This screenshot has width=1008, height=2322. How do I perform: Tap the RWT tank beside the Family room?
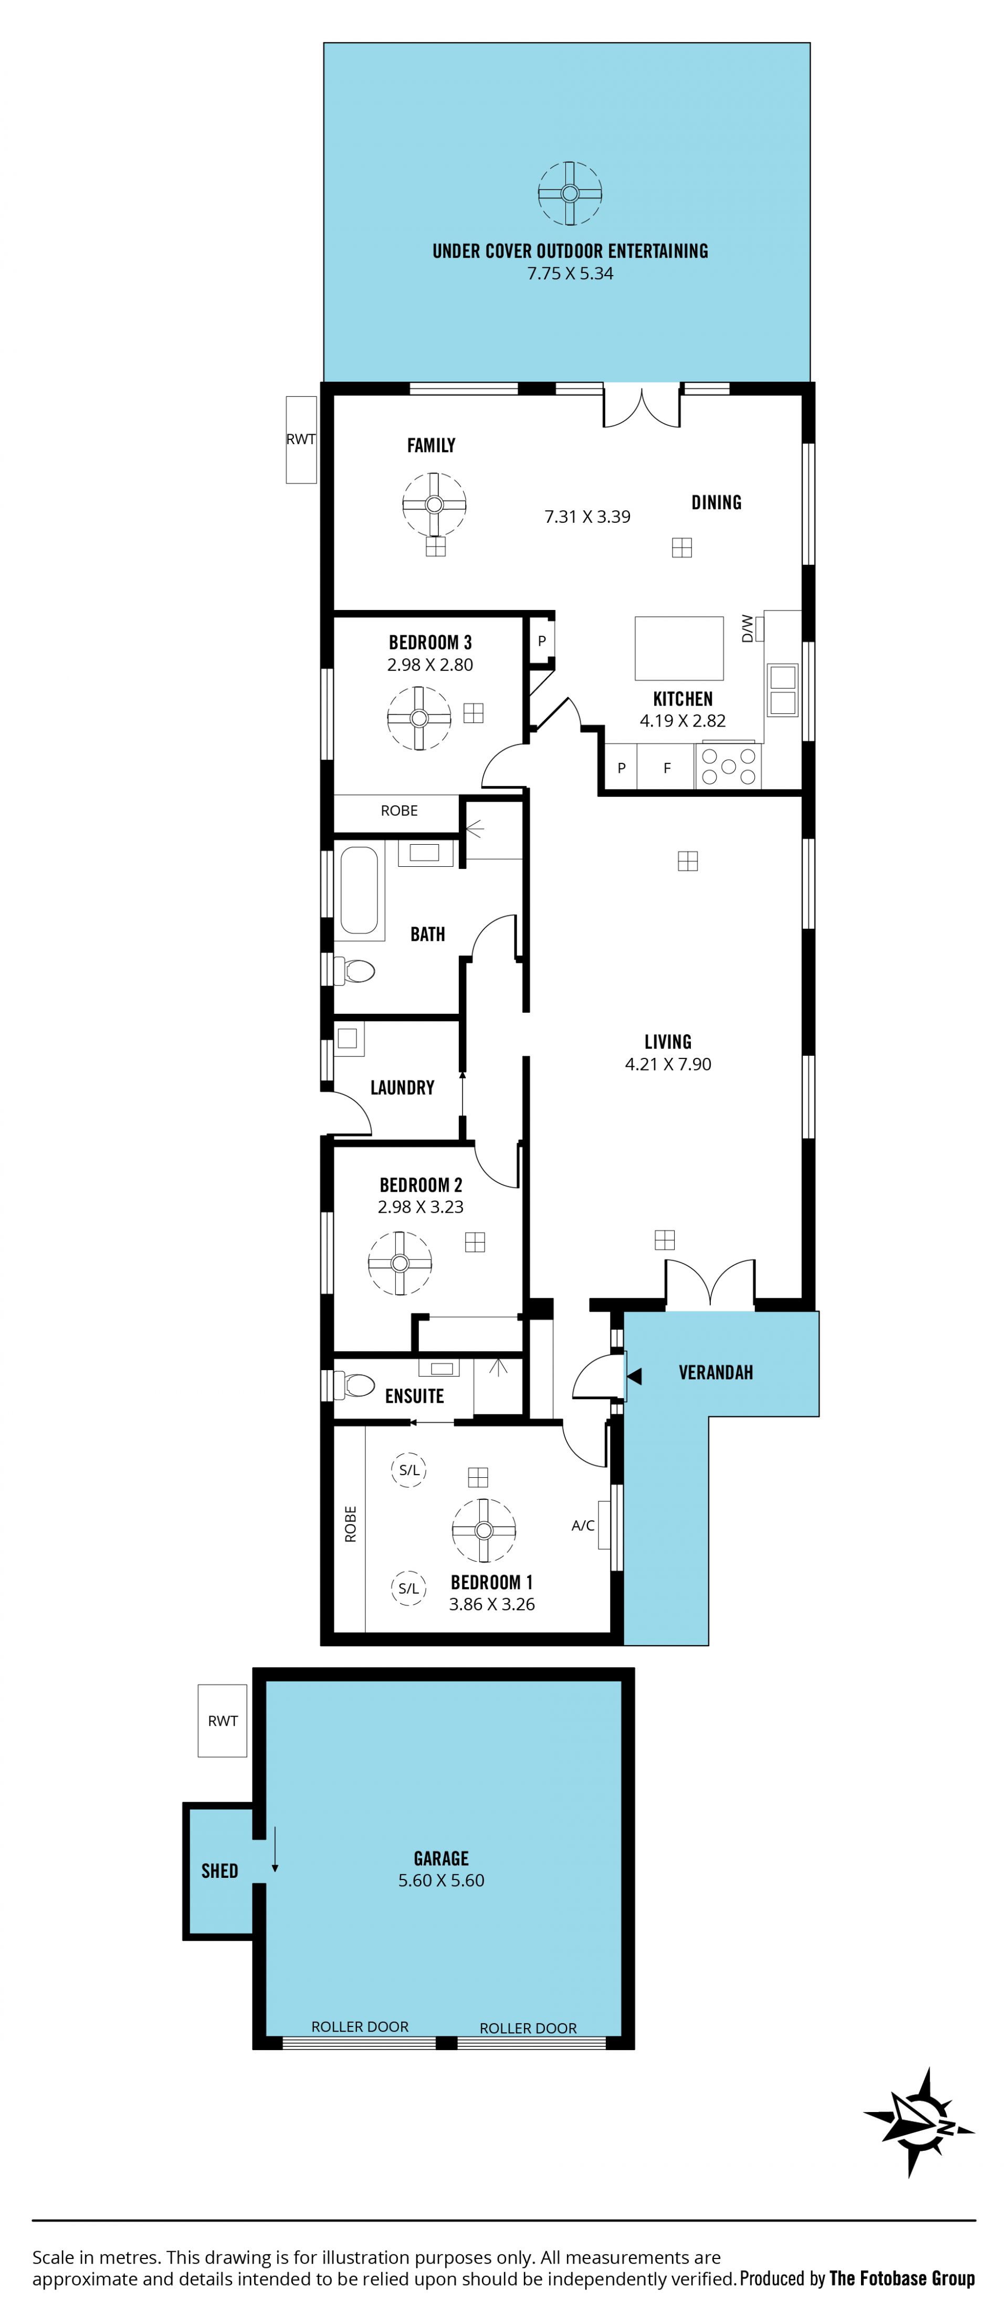point(301,440)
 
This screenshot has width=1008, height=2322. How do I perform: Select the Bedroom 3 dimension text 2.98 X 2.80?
point(430,664)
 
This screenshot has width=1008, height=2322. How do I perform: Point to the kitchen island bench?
point(679,648)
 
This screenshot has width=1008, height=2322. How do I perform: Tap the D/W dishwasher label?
point(747,628)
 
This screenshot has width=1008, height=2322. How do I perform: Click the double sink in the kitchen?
point(783,690)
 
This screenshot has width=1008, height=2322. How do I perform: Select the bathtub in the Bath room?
point(359,890)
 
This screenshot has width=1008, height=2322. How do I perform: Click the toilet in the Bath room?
point(354,971)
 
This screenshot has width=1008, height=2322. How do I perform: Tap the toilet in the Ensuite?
point(354,1384)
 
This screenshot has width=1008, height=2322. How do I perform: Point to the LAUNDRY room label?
point(402,1088)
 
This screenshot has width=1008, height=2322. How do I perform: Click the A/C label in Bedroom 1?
point(582,1525)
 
